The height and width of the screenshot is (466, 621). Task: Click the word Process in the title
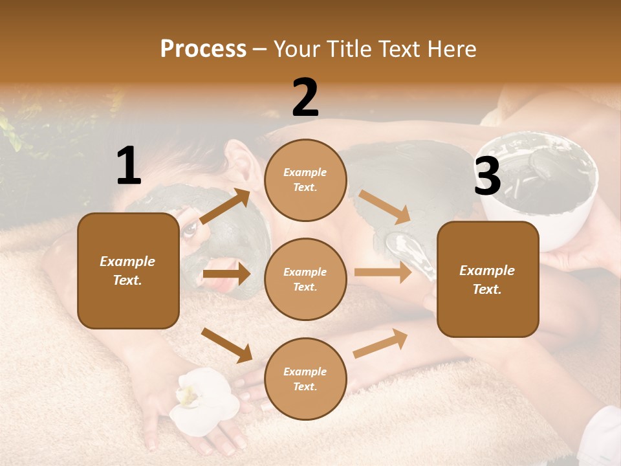coord(203,49)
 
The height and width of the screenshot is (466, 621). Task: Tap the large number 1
coord(129,166)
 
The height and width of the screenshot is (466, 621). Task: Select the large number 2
coord(305,98)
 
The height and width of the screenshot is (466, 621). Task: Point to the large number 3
coord(487,177)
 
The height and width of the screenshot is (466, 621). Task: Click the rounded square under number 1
coord(128,271)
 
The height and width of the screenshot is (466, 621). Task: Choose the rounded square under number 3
coord(488,279)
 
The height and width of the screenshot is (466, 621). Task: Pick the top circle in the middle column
coord(305,180)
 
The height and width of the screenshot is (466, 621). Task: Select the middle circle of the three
coord(305,279)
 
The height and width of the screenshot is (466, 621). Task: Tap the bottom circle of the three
coord(305,379)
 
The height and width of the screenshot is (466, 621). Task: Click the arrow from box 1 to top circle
coord(225,206)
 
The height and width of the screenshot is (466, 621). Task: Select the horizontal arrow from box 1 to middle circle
coord(226,274)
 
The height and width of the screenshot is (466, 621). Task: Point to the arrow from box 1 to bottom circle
coord(226,345)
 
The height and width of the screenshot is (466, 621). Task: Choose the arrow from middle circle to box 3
coord(383,272)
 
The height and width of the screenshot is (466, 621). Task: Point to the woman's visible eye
coord(190,228)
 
